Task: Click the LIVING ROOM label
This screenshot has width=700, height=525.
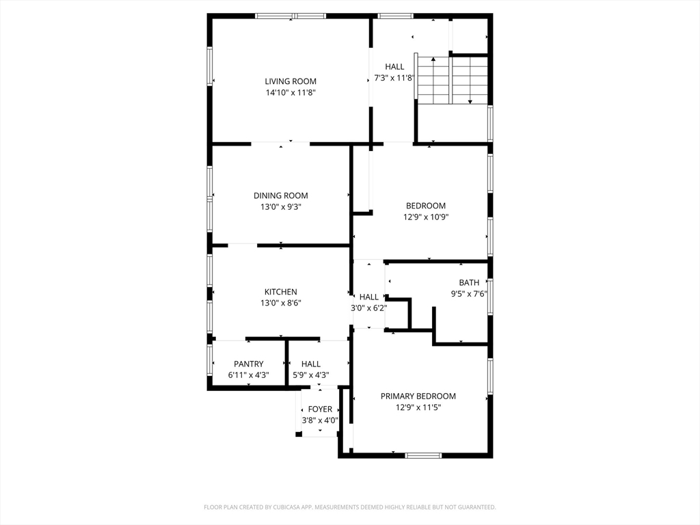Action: point(291,81)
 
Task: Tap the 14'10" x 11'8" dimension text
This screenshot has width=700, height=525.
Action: point(291,92)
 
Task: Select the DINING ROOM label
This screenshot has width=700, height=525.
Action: point(280,196)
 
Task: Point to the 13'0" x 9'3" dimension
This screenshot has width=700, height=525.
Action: point(280,206)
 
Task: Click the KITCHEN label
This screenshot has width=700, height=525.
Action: point(280,292)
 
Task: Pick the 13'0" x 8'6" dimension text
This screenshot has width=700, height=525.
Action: point(280,303)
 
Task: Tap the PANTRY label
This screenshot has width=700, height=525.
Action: point(248,364)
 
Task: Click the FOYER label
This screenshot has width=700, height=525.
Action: point(320,409)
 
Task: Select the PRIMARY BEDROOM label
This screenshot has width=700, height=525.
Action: point(418,396)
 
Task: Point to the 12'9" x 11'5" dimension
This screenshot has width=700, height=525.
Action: point(418,407)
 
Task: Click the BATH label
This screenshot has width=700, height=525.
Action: point(469,282)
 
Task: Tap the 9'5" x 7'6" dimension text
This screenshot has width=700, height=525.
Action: point(469,294)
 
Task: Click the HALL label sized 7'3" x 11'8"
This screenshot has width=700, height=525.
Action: point(394,66)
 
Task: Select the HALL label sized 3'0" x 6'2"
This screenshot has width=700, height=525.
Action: point(369,297)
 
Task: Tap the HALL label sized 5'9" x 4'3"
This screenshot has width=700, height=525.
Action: point(310,364)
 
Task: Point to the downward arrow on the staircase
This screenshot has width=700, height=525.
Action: point(470,100)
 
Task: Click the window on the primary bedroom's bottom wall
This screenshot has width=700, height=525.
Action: point(423,455)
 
